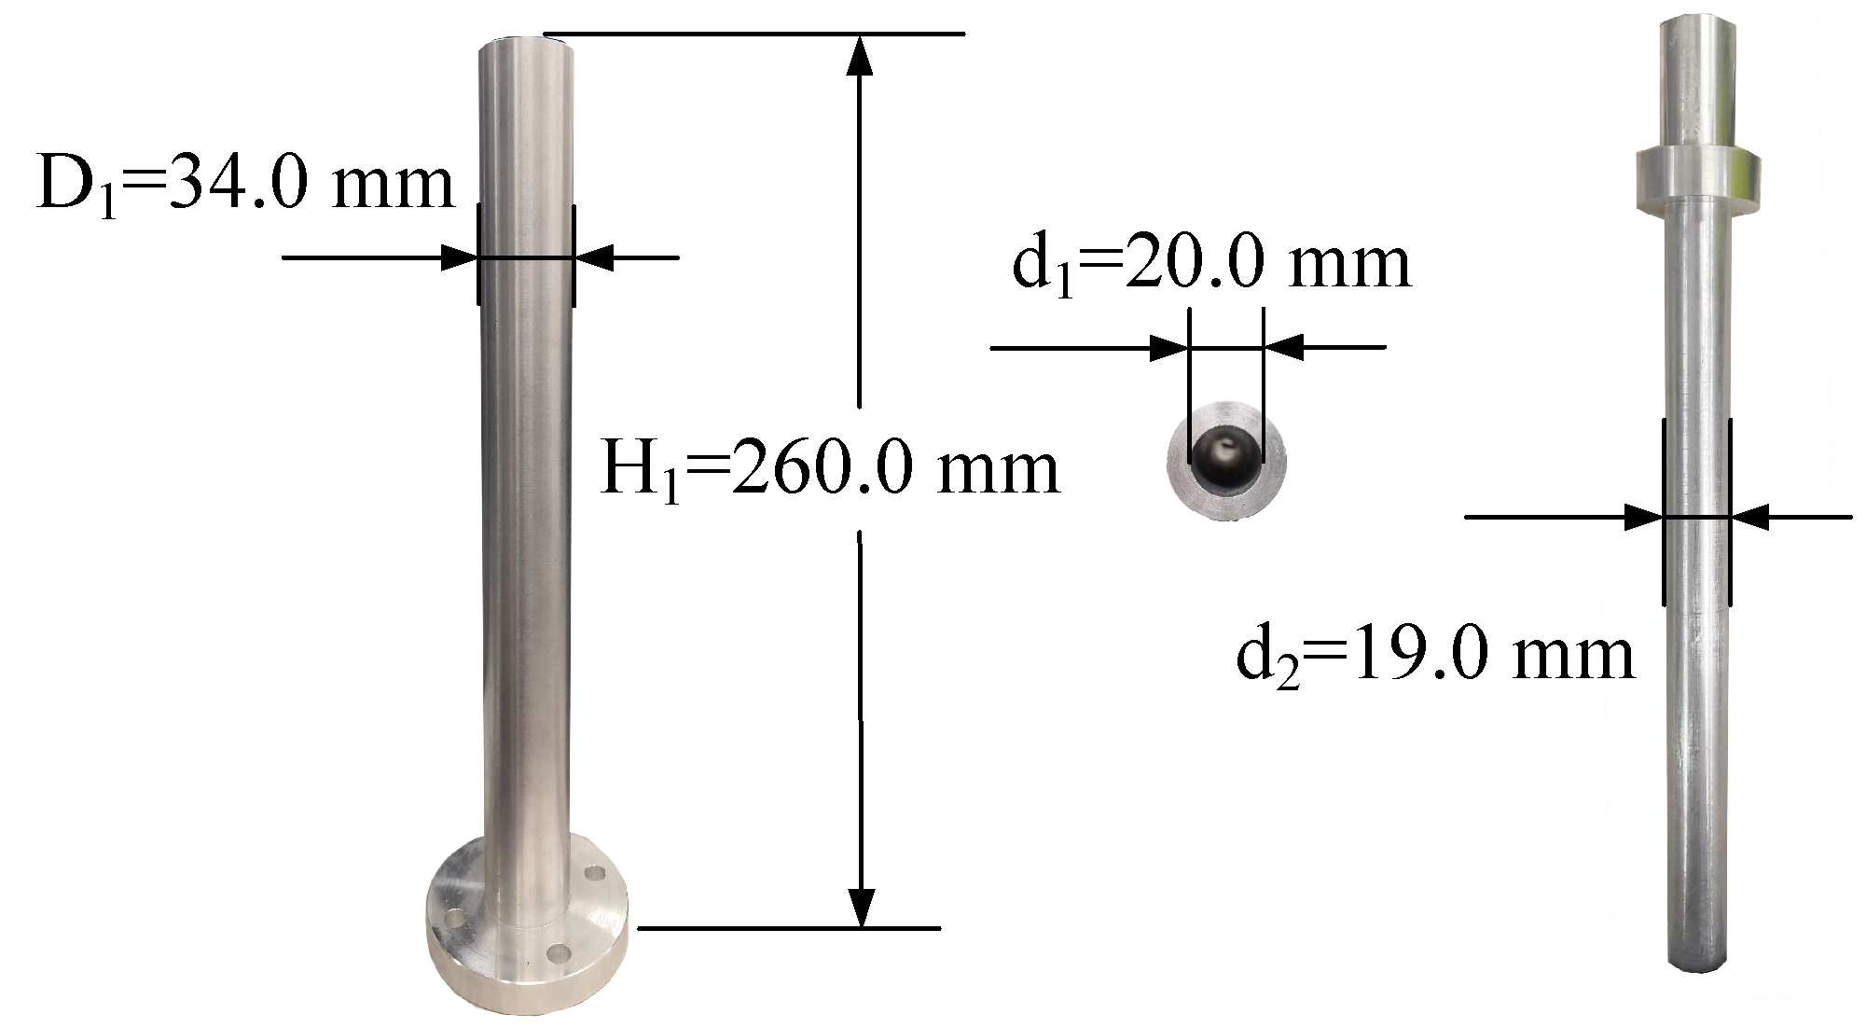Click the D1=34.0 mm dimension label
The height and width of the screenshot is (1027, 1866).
click(244, 184)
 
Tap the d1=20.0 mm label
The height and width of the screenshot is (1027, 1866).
click(1210, 265)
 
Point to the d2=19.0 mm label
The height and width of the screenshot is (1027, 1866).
click(1434, 655)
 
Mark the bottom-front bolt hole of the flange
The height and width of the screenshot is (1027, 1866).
click(559, 953)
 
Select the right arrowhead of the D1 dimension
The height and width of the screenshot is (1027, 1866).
click(594, 257)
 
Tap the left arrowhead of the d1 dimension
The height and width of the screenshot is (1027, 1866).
click(1169, 349)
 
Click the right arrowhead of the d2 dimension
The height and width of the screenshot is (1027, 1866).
click(1750, 517)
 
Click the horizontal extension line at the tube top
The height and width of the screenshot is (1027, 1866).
click(753, 35)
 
